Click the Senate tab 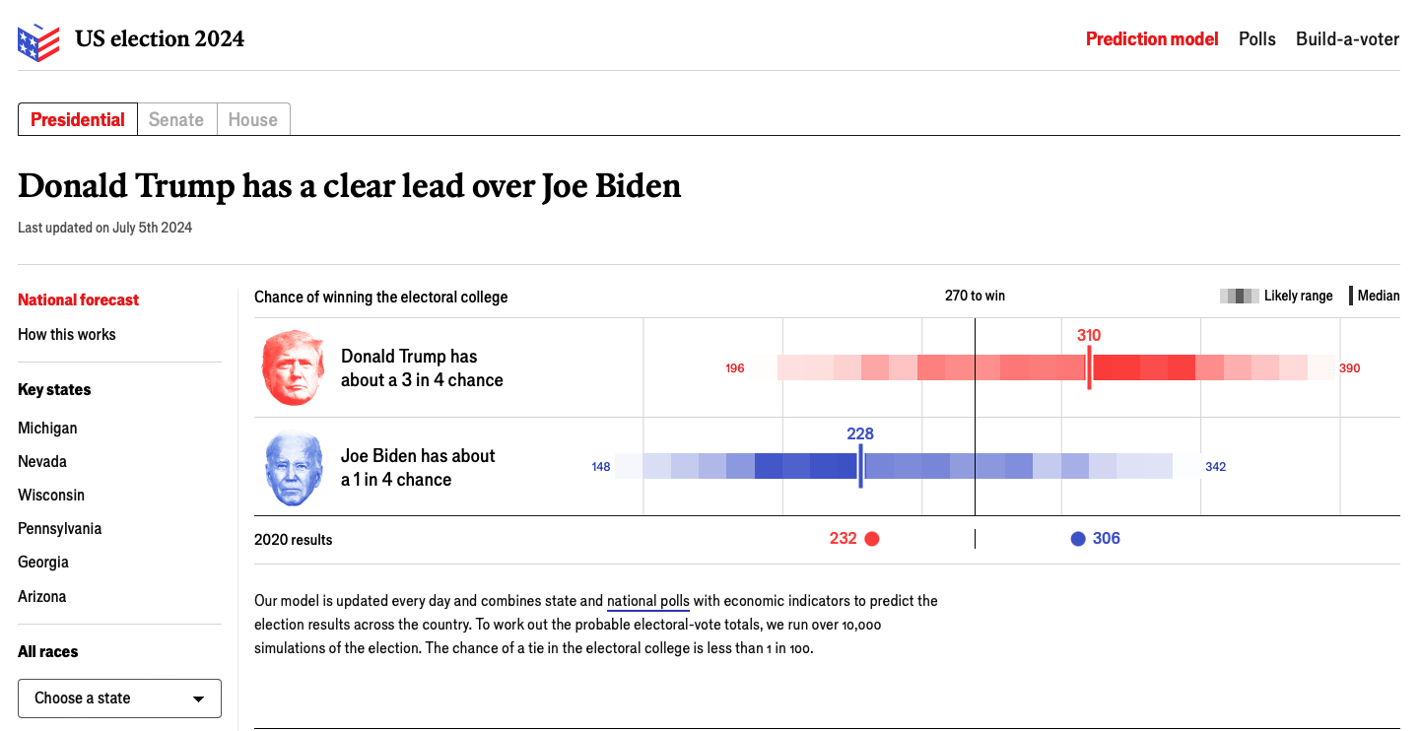point(176,120)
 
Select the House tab point(253,120)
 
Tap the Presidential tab point(78,120)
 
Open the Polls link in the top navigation point(1257,39)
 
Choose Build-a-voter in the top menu point(1347,39)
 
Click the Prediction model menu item point(1152,39)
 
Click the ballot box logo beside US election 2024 point(38,40)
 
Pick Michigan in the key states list point(47,428)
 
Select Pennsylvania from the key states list point(59,528)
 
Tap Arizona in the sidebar point(42,596)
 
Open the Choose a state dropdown point(119,698)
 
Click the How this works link point(67,335)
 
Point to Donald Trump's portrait point(293,367)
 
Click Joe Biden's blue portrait point(294,469)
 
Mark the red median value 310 point(1089,336)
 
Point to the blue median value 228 point(860,434)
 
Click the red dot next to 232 point(871,539)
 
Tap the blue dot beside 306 point(1078,539)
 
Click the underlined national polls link point(648,601)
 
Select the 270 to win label point(975,296)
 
